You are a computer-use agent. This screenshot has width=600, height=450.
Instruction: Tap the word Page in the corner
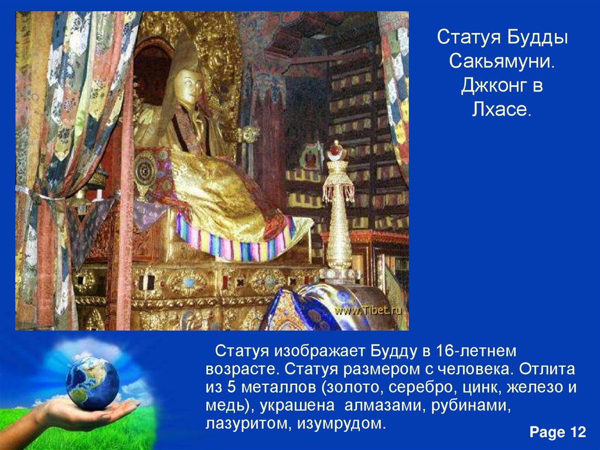pyautogui.click(x=546, y=432)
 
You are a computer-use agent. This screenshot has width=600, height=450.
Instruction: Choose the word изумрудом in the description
pyautogui.click(x=337, y=424)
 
